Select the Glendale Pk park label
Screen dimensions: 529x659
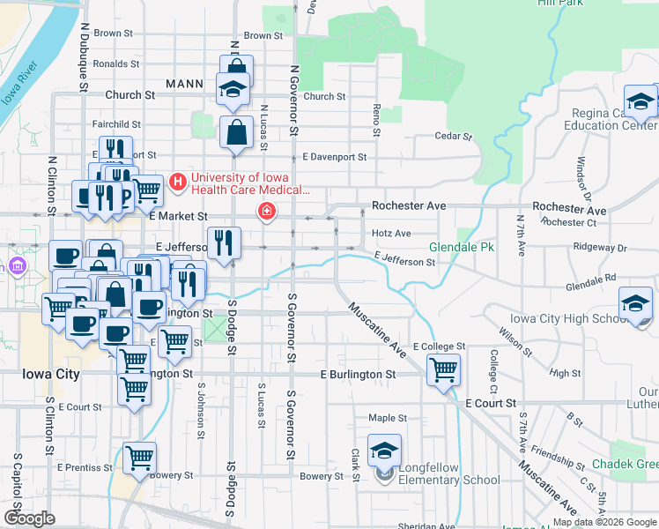[x=462, y=248]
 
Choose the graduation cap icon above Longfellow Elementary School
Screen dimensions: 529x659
[x=384, y=451]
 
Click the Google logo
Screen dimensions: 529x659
[x=29, y=518]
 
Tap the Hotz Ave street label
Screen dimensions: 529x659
[x=391, y=234]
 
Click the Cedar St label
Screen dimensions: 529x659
[x=455, y=137]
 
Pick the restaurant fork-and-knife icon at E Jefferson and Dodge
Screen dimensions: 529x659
[x=224, y=242]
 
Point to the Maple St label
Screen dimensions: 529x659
[x=388, y=418]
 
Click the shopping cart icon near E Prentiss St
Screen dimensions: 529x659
[x=139, y=458]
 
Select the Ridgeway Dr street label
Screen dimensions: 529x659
[x=599, y=248]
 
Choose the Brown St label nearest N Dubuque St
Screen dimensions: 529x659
[x=113, y=34]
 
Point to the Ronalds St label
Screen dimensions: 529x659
[x=116, y=63]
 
